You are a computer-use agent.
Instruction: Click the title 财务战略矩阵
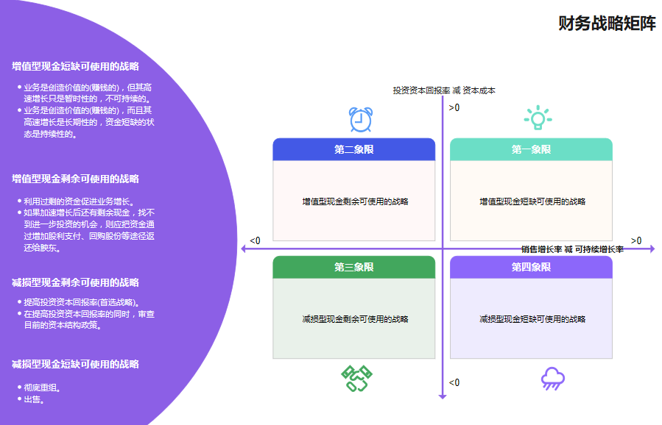click(x=607, y=24)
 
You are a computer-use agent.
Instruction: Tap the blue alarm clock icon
click(x=360, y=119)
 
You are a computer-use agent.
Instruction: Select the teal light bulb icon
click(x=538, y=118)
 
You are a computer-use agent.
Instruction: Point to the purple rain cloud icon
click(x=552, y=378)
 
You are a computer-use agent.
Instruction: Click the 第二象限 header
click(x=353, y=149)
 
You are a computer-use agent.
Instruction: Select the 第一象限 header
click(x=531, y=149)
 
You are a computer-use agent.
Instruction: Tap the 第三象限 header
click(x=353, y=267)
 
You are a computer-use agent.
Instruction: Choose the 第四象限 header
click(x=531, y=267)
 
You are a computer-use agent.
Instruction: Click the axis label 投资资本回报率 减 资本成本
click(x=444, y=90)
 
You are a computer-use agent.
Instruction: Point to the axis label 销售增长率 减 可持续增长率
click(x=572, y=249)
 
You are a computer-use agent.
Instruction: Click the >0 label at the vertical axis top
click(x=454, y=108)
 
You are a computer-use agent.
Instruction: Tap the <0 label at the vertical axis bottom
click(x=454, y=382)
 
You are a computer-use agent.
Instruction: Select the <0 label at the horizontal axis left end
click(x=255, y=240)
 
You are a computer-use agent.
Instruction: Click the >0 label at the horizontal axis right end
click(x=636, y=240)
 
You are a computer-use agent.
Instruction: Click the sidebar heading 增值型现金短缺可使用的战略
click(x=75, y=66)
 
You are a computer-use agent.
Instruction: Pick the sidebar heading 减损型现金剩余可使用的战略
click(x=75, y=282)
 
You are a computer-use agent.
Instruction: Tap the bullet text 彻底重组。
click(x=43, y=387)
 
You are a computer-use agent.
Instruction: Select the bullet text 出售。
click(x=35, y=400)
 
